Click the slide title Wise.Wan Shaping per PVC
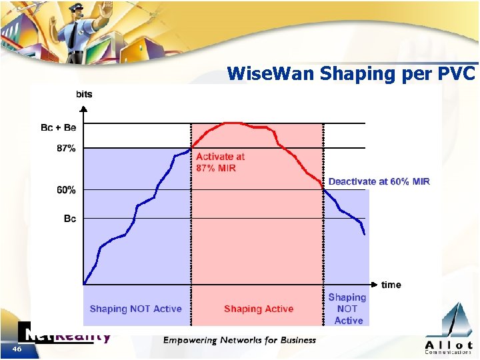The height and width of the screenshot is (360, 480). click(351, 73)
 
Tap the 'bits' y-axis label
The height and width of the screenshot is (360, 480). click(84, 94)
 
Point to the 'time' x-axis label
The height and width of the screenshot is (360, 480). click(391, 285)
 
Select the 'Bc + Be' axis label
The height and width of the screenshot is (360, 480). click(59, 128)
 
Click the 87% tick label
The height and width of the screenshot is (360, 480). click(66, 149)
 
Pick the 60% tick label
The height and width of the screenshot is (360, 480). click(66, 190)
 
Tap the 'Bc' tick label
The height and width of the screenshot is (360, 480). click(70, 219)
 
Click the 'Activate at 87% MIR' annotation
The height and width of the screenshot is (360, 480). click(220, 162)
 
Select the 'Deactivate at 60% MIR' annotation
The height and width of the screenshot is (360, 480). click(379, 181)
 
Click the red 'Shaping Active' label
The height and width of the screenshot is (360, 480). click(259, 309)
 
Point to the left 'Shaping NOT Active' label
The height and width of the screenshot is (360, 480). click(135, 309)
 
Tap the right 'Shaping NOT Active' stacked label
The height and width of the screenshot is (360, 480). click(347, 309)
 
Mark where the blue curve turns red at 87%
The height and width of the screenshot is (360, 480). click(192, 147)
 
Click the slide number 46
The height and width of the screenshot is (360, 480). click(17, 349)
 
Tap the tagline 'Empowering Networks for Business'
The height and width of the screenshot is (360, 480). click(239, 340)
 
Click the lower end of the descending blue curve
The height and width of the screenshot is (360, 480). click(365, 233)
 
